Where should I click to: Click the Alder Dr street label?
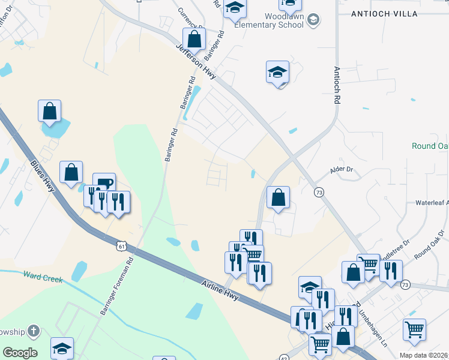[342, 170]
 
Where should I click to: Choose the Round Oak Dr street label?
[428, 253]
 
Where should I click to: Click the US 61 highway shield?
[122, 246]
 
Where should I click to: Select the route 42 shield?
[284, 358]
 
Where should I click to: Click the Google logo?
[20, 353]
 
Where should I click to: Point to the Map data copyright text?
[424, 355]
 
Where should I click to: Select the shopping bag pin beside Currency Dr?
[194, 40]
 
